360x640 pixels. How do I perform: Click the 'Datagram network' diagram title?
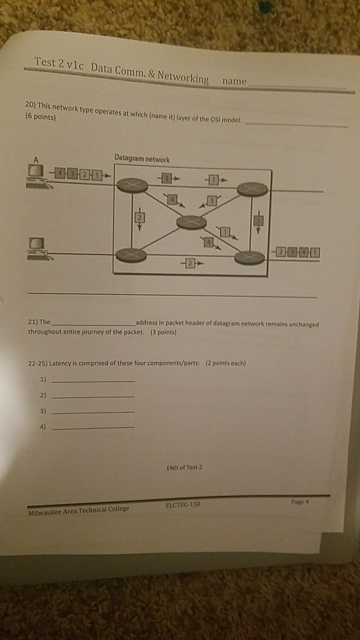pyautogui.click(x=141, y=159)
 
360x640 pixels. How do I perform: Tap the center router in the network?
pyautogui.click(x=192, y=222)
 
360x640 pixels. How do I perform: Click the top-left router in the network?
pyautogui.click(x=132, y=186)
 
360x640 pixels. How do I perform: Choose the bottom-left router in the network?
pyautogui.click(x=131, y=255)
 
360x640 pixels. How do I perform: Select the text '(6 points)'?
pyautogui.click(x=43, y=117)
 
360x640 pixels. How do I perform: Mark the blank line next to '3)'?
pyautogui.click(x=93, y=412)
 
